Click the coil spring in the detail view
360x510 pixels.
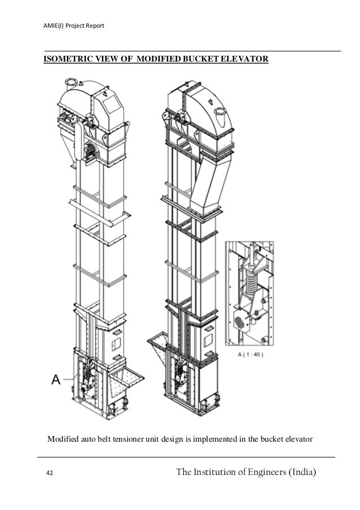[248, 279]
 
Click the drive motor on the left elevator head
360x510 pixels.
[89, 151]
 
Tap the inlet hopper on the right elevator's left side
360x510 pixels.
[159, 345]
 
